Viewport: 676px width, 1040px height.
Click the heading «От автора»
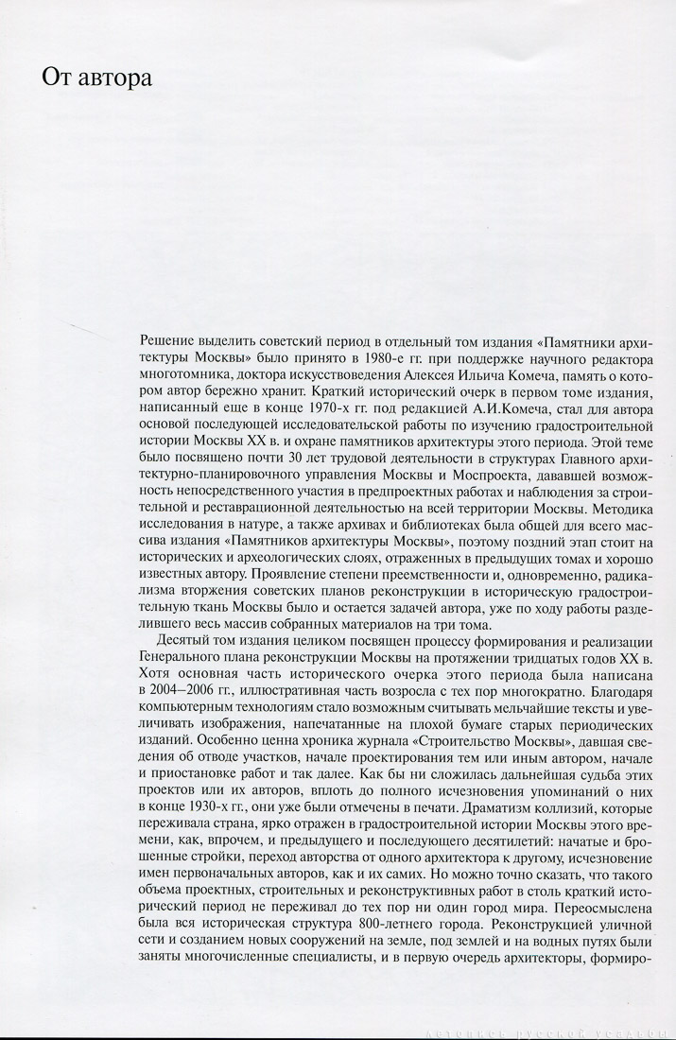point(96,78)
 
